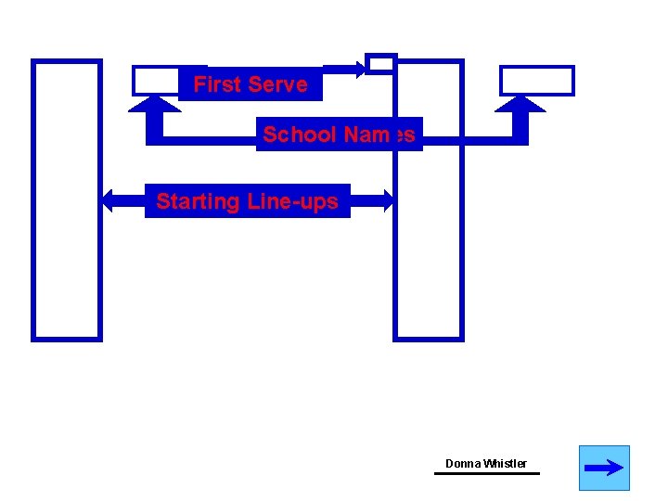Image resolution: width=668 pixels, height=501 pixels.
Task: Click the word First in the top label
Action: [x=215, y=84]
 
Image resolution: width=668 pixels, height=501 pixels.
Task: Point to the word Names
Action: [x=378, y=135]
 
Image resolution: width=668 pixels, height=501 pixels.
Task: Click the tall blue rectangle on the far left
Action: [x=67, y=199]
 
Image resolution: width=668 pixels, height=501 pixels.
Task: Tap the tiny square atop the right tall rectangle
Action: [x=380, y=63]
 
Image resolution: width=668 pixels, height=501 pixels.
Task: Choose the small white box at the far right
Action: [x=537, y=81]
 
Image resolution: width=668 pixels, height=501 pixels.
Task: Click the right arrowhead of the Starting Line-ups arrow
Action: [x=387, y=199]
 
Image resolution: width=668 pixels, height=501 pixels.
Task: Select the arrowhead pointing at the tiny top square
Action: [x=359, y=67]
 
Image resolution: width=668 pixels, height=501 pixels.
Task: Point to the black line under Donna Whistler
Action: [x=486, y=473]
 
